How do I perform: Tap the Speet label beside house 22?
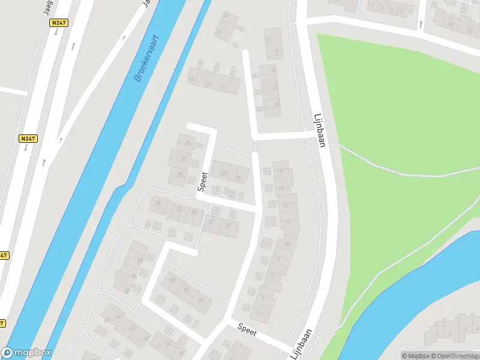coord(203,182)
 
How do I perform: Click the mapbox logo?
coord(26,353)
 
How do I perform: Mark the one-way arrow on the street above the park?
coord(420,25)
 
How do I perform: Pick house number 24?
coord(188,143)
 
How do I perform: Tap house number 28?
coord(180,175)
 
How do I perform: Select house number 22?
coord(224,173)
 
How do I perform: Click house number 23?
coord(276,104)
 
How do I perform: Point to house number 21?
coord(276,87)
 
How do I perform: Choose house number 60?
coord(186,290)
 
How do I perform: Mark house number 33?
coord(179,208)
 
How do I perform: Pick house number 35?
coord(193,212)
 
